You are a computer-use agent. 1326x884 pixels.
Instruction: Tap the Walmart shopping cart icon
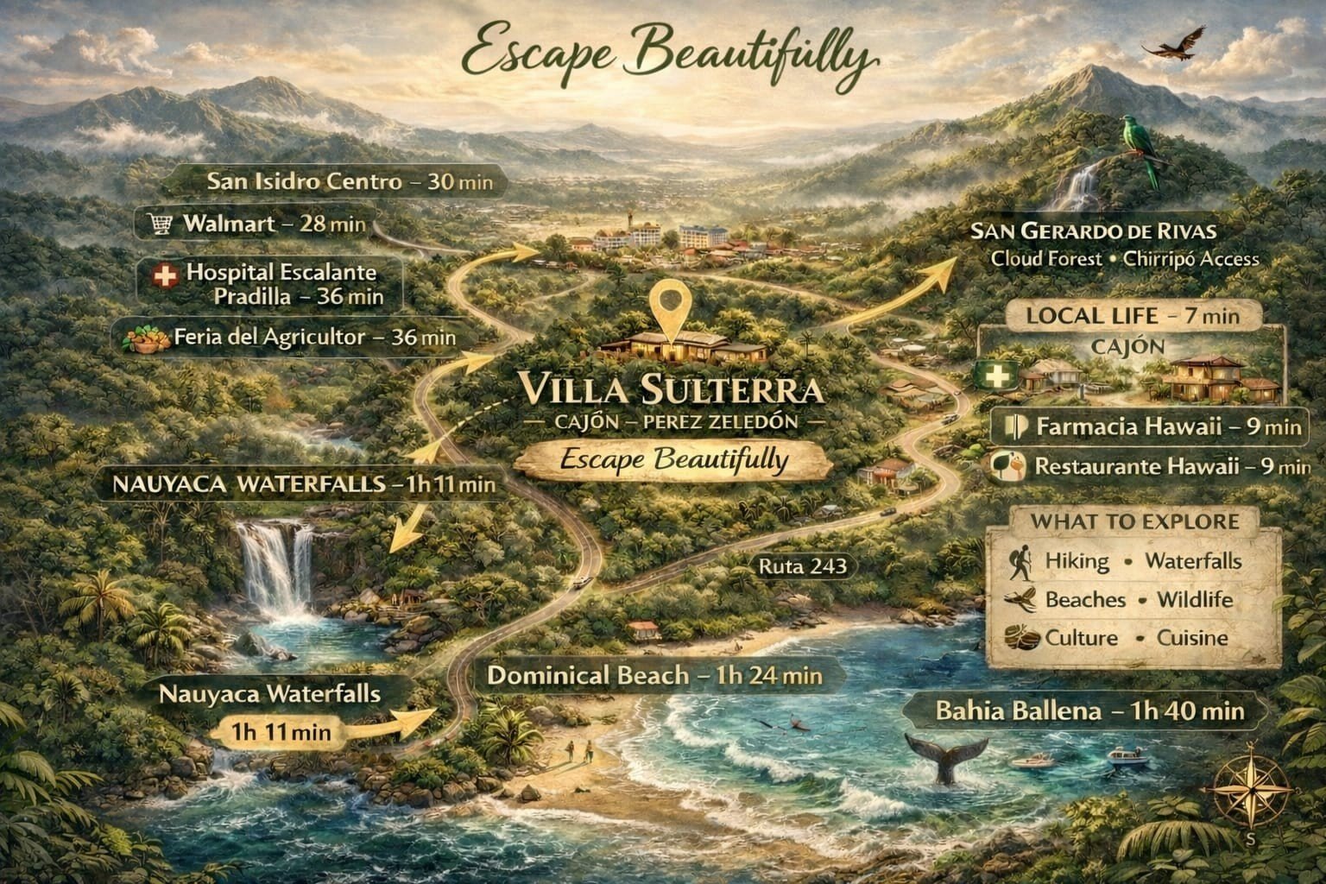point(160,224)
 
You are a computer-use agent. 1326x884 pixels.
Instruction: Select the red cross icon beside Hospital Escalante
point(163,277)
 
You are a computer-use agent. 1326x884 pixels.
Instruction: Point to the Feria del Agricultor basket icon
point(148,338)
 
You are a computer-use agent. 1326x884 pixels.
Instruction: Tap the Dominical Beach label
point(654,675)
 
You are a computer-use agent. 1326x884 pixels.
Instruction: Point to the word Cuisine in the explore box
point(1192,638)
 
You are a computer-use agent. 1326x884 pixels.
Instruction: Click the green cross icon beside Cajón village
point(994,377)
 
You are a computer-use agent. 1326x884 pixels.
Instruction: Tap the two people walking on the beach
point(578,749)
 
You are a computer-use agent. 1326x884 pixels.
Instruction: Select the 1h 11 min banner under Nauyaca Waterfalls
point(281,731)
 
